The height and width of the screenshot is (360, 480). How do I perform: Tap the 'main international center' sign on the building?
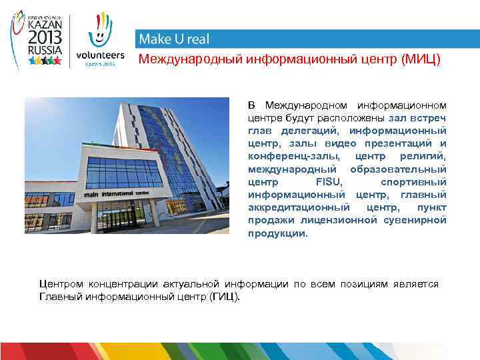(x=117, y=194)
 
